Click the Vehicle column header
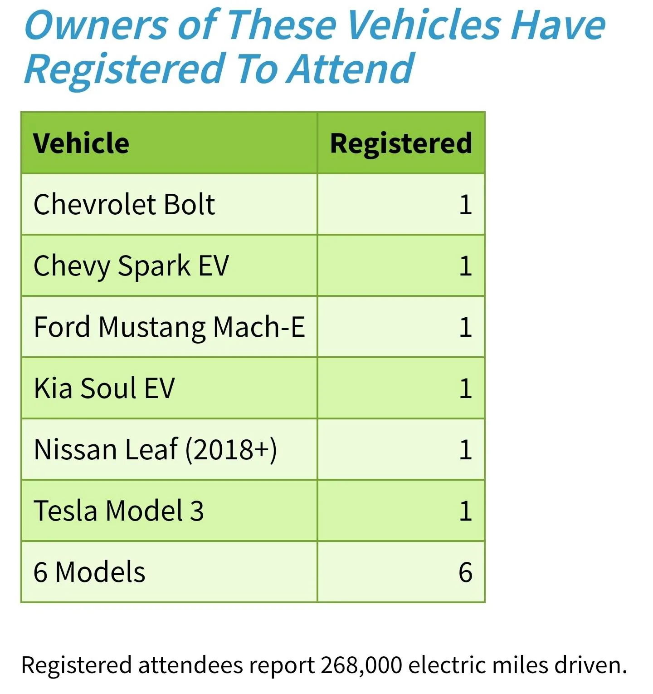[x=81, y=143]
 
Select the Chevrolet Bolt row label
[x=124, y=204]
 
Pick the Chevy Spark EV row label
[x=132, y=266]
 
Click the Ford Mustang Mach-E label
[x=170, y=327]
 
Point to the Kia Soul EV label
[x=104, y=388]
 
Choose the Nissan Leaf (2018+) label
[x=156, y=450]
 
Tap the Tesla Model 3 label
[x=119, y=511]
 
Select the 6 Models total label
[x=89, y=572]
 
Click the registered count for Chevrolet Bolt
[x=466, y=205]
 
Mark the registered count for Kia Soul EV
[x=466, y=389]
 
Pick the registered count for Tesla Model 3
[x=466, y=511]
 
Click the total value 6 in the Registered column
[x=465, y=572]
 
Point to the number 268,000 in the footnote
[x=361, y=665]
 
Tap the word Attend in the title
[x=350, y=69]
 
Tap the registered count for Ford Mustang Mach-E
[x=466, y=327]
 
